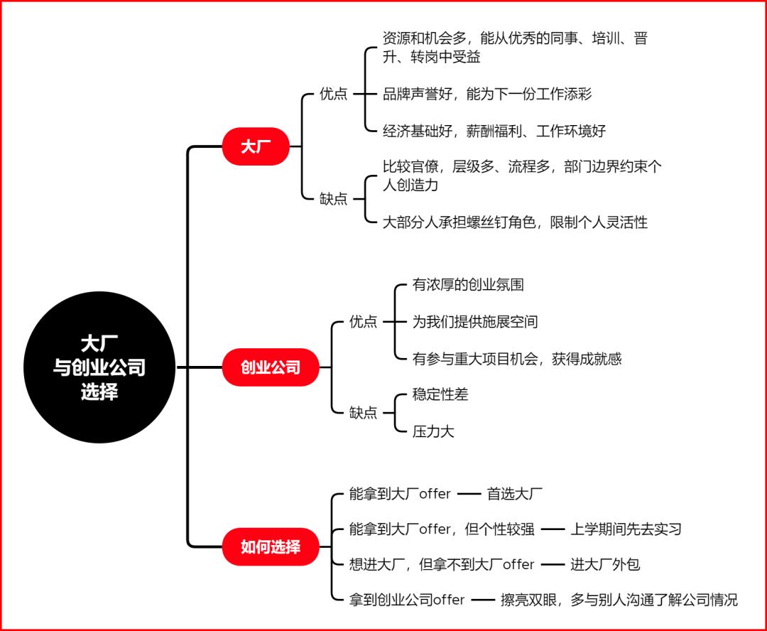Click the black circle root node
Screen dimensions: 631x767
coord(99,367)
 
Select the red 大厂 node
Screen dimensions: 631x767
coord(256,146)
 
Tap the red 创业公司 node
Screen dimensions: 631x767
coord(271,367)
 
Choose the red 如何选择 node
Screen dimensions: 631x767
coord(271,547)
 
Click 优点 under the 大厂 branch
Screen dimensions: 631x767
coord(334,94)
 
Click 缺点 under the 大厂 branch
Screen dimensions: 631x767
coord(334,198)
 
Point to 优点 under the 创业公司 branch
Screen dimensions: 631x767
coord(364,321)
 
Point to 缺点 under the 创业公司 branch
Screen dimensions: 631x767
coord(364,412)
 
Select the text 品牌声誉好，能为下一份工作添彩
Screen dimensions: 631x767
coord(487,94)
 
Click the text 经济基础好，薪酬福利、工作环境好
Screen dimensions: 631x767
coord(494,130)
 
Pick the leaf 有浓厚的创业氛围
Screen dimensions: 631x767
coord(468,285)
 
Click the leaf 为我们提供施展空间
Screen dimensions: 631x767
coord(475,321)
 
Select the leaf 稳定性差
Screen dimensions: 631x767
coord(440,394)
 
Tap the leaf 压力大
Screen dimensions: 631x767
coord(433,431)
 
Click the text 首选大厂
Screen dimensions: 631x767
coord(515,493)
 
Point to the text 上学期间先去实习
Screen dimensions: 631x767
coord(626,529)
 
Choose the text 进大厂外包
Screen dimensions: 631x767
coord(605,564)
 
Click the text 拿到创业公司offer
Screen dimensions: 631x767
coord(407,600)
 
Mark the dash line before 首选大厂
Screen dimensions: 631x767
coord(469,493)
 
